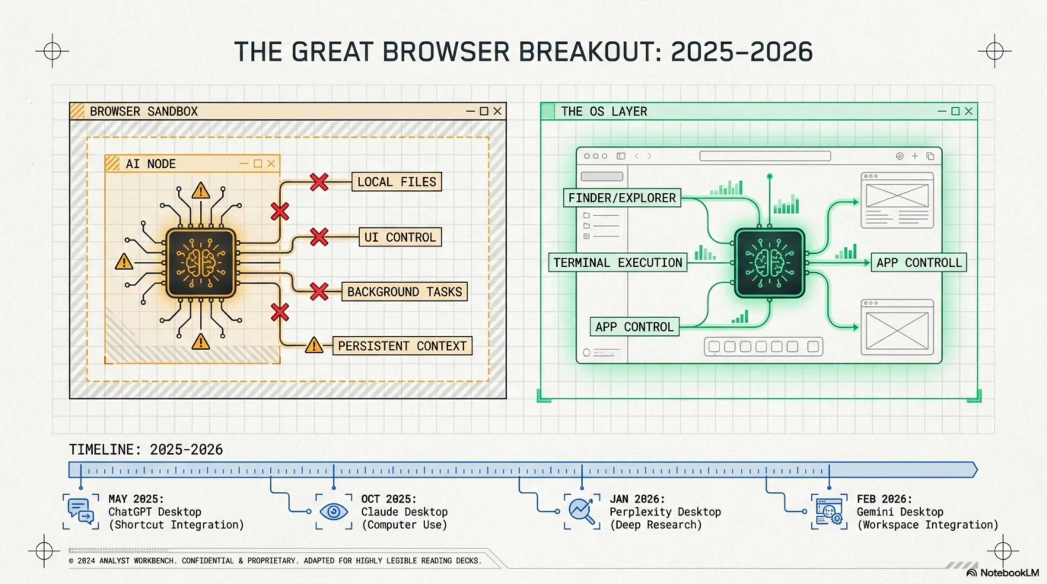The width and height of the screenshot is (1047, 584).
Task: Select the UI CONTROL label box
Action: (x=400, y=237)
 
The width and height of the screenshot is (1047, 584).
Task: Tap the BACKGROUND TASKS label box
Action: (x=404, y=292)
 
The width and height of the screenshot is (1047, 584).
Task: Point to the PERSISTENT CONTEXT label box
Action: (x=402, y=346)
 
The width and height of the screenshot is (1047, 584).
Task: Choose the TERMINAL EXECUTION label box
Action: (x=617, y=263)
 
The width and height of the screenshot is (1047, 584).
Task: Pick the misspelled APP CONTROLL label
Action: (x=918, y=263)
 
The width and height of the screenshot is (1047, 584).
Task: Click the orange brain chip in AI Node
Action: (x=201, y=263)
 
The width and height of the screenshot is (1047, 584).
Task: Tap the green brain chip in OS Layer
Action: (x=769, y=263)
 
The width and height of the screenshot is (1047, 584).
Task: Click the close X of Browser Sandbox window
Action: (x=497, y=111)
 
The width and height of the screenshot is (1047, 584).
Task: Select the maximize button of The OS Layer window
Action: (x=955, y=111)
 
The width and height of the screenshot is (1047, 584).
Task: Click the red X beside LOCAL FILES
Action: (x=319, y=182)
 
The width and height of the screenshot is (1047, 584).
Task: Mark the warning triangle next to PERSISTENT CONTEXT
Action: (x=314, y=346)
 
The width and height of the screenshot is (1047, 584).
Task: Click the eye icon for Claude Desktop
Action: (x=334, y=512)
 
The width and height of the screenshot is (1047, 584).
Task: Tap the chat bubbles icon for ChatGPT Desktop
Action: (x=81, y=512)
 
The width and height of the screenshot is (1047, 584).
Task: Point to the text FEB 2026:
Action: (x=885, y=499)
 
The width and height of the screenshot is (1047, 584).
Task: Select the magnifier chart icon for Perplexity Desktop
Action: (x=582, y=512)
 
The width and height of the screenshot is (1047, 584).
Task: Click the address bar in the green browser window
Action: (x=765, y=156)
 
